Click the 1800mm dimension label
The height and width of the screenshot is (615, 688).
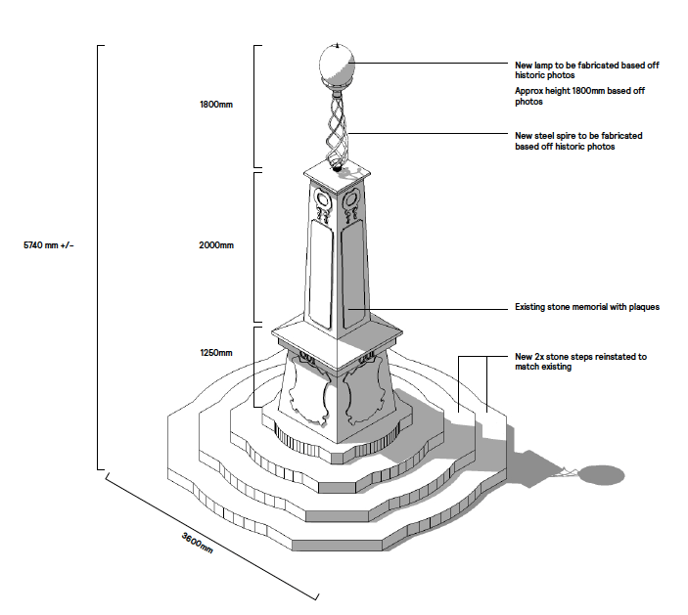[x=215, y=103]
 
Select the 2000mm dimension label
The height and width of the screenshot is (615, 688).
[x=215, y=244]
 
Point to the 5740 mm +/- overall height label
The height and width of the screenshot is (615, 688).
[x=48, y=244]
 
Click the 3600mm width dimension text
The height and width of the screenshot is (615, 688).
[x=198, y=542]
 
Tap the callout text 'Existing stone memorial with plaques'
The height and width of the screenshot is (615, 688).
[x=587, y=307]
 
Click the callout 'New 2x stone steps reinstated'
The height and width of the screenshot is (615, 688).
[x=580, y=362]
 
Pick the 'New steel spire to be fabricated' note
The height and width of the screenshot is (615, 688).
[x=578, y=141]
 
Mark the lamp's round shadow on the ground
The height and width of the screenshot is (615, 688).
[x=597, y=475]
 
